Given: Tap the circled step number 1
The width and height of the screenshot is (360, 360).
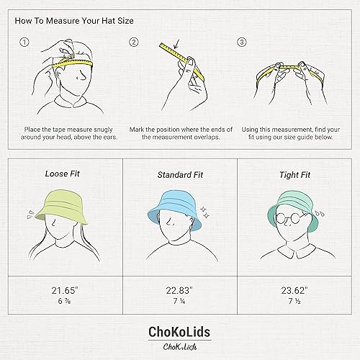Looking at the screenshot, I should pos(24,42).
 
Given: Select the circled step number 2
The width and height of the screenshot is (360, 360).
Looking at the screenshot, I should pos(134,42).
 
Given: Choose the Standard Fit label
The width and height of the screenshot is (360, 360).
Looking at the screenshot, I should pos(179,175).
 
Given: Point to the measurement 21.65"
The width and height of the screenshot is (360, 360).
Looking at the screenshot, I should pos(64,291).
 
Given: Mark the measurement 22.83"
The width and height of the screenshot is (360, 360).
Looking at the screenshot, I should pos(180,291).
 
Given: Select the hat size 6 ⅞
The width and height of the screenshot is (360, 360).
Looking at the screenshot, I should pos(64,302).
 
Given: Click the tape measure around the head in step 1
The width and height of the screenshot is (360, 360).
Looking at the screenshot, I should pos(71,63).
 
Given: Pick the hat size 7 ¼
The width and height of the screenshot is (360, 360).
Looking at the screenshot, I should pos(180,302).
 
